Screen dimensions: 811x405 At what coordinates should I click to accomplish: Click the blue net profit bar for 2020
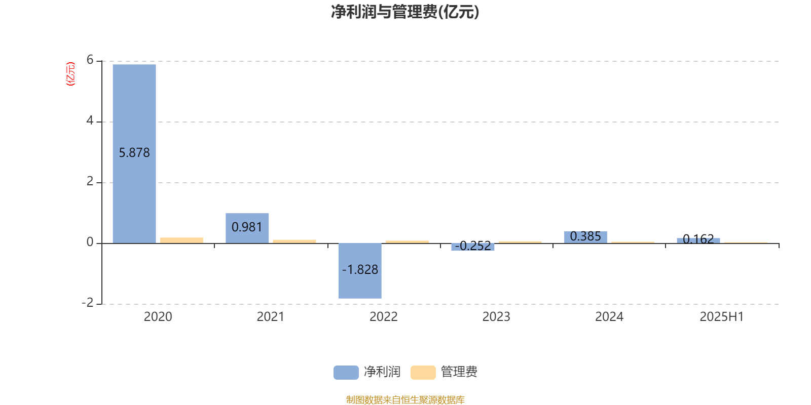tap(134, 154)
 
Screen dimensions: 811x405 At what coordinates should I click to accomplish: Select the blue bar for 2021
tap(247, 228)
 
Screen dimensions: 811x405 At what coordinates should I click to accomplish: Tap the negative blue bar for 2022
tap(360, 271)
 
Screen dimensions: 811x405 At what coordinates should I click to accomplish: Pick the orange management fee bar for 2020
tap(182, 240)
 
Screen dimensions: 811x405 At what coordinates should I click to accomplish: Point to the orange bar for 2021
tap(294, 241)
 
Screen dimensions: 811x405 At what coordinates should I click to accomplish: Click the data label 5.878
tap(134, 152)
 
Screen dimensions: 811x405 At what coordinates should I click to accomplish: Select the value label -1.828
tap(360, 269)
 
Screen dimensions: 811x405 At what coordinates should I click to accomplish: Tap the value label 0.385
tap(585, 236)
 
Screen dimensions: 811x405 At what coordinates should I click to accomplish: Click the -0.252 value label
tap(473, 246)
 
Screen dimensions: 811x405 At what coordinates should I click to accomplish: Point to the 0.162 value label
tap(698, 239)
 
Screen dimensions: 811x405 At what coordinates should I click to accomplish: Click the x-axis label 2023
tap(496, 317)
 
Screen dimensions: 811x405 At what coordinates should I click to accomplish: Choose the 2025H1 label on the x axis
tap(722, 317)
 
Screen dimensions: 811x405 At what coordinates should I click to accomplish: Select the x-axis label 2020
tap(158, 317)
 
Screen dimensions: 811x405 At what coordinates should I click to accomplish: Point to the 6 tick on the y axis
tap(90, 60)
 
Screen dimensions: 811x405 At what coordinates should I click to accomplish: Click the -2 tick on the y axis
tap(88, 303)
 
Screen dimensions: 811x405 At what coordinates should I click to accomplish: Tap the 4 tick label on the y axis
tap(90, 120)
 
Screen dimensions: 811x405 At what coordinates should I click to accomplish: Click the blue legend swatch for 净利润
tap(346, 373)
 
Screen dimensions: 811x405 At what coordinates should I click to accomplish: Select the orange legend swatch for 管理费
tap(423, 373)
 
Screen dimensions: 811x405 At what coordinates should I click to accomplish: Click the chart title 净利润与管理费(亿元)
tap(405, 12)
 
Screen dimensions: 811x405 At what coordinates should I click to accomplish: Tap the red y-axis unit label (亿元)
tap(70, 74)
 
